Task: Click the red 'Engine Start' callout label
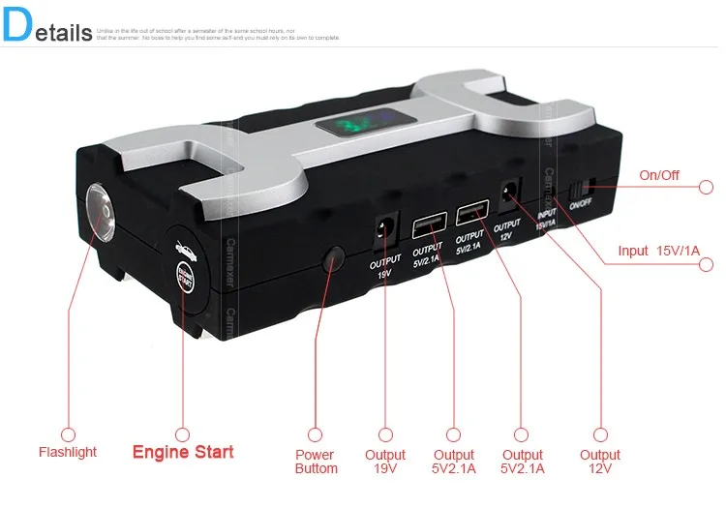coord(183,452)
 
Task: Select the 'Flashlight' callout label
coord(68,452)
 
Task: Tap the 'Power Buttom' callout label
coord(316,462)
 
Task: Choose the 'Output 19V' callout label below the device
coord(385,462)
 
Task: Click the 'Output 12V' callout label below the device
coord(600,462)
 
